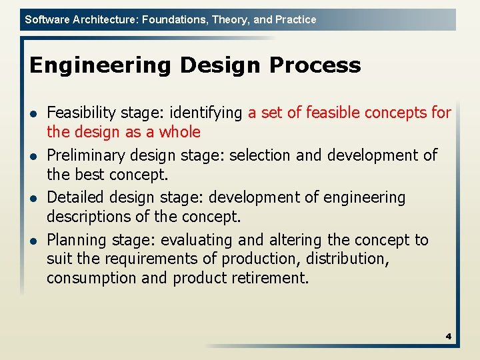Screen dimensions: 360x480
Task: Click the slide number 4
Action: tap(449, 337)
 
